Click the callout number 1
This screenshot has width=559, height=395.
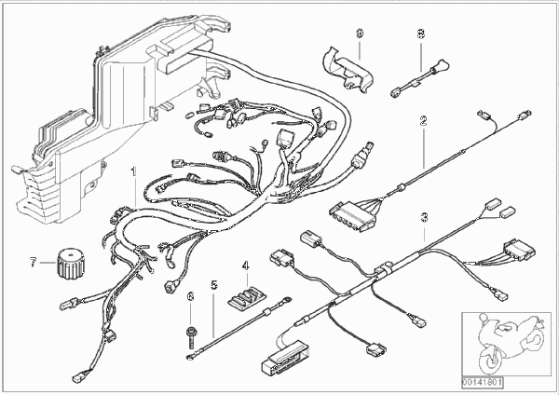133,171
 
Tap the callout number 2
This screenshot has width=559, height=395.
423,121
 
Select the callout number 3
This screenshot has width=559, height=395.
424,217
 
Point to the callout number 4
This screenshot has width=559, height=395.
245,266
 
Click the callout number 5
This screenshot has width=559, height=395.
213,285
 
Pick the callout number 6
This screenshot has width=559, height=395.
191,296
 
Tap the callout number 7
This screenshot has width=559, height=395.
34,263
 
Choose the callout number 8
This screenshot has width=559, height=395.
421,34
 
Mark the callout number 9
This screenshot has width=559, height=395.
360,34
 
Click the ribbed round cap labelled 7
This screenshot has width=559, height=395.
70,264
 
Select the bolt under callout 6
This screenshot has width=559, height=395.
190,336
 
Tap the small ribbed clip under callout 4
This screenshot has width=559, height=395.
246,297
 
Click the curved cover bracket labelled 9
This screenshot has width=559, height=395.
348,69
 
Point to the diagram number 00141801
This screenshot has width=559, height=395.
483,383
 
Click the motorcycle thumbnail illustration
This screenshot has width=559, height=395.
506,344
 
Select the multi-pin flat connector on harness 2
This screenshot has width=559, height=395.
352,216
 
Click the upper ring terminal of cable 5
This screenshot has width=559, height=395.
285,300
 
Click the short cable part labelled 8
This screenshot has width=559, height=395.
419,78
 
